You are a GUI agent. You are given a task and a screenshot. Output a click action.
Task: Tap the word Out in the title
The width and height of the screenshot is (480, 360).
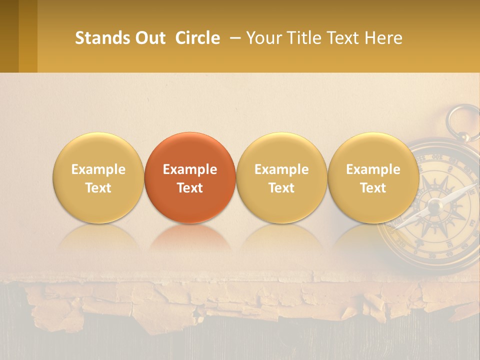pyautogui.click(x=149, y=38)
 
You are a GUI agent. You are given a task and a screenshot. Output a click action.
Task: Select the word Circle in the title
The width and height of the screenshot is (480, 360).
pyautogui.click(x=197, y=38)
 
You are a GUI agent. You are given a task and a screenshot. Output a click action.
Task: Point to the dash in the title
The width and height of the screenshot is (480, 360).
pyautogui.click(x=233, y=38)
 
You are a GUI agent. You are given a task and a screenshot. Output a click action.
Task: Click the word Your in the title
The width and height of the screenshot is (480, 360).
pyautogui.click(x=262, y=38)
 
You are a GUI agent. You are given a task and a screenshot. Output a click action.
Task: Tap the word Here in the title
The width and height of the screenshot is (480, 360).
pyautogui.click(x=384, y=38)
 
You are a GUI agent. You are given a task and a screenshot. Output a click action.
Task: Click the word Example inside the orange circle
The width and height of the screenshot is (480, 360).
pyautogui.click(x=190, y=169)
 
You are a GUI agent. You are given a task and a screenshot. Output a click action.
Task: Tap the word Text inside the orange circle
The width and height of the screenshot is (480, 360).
pyautogui.click(x=190, y=188)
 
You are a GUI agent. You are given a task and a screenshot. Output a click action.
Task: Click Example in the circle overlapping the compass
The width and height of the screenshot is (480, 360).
pyautogui.click(x=373, y=169)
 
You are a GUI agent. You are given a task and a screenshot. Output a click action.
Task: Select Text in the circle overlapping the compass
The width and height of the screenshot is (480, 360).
pyautogui.click(x=373, y=188)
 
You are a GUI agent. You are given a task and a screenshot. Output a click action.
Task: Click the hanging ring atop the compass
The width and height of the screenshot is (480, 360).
pyautogui.click(x=463, y=120)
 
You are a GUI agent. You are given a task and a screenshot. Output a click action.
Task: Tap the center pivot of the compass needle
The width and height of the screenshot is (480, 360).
pyautogui.click(x=434, y=204)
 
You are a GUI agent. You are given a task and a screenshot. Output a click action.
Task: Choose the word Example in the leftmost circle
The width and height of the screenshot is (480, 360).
pyautogui.click(x=98, y=169)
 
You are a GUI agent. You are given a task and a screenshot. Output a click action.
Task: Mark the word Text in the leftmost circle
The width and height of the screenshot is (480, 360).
pyautogui.click(x=98, y=188)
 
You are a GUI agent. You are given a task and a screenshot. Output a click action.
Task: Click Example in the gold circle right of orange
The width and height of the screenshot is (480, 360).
pyautogui.click(x=281, y=169)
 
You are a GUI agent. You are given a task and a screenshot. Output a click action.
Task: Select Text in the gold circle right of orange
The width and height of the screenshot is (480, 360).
pyautogui.click(x=281, y=188)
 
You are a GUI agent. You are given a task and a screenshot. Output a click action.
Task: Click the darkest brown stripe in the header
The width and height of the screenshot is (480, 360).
pyautogui.click(x=9, y=36)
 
